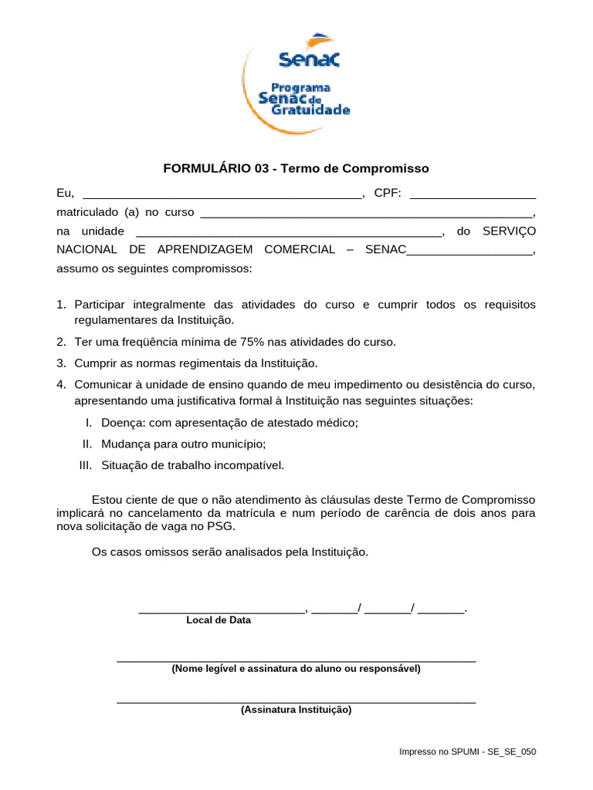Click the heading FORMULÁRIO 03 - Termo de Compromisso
(x=296, y=168)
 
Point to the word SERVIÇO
(x=508, y=231)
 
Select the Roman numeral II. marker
(x=88, y=444)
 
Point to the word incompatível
(x=246, y=464)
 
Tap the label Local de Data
(x=219, y=620)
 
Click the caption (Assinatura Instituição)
(x=296, y=710)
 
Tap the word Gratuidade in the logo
(x=310, y=110)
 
